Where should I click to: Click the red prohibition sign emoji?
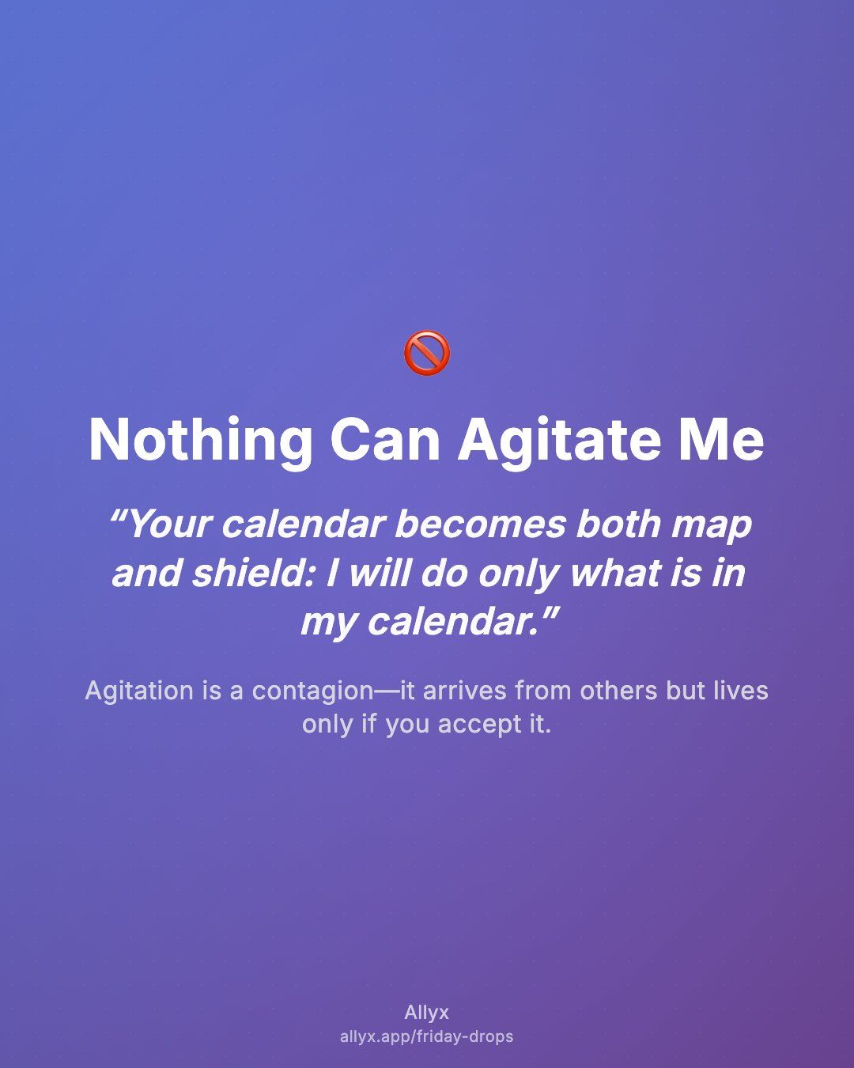pyautogui.click(x=427, y=353)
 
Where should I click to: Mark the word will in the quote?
pyautogui.click(x=380, y=573)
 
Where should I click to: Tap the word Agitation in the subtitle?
pyautogui.click(x=139, y=691)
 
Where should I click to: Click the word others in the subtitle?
pyautogui.click(x=618, y=691)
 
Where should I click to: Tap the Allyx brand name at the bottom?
pyautogui.click(x=427, y=1013)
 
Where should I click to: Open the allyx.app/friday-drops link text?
pyautogui.click(x=427, y=1036)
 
